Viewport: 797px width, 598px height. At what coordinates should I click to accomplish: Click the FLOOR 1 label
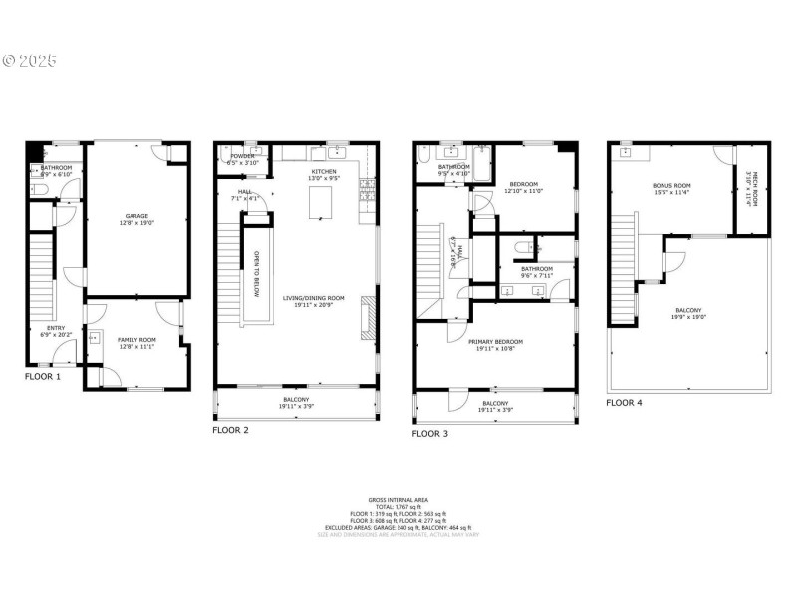[x=43, y=377]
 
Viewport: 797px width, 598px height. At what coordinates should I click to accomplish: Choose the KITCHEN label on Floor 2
[x=323, y=172]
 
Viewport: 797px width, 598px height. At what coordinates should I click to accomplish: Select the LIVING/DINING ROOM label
[x=313, y=298]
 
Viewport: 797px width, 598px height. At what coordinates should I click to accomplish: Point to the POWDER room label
[x=243, y=156]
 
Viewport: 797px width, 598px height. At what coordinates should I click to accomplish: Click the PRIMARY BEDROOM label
[x=495, y=342]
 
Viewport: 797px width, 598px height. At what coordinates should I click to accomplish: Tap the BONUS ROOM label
[x=671, y=185]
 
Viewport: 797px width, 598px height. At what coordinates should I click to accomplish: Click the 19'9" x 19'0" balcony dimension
[x=691, y=318]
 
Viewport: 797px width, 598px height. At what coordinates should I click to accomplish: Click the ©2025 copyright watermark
[x=29, y=61]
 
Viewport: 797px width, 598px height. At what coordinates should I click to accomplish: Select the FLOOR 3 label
[x=430, y=434]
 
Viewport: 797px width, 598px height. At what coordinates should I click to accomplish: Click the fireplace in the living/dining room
[x=369, y=318]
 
